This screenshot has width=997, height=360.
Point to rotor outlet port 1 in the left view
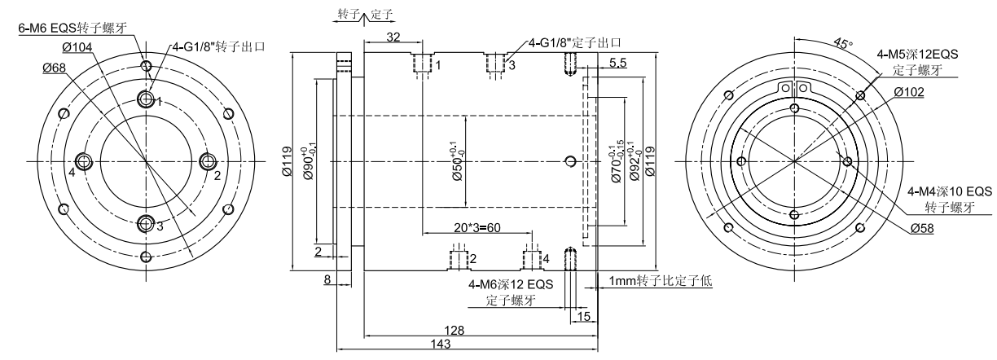[x=147, y=100]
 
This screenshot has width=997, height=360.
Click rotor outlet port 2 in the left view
[x=206, y=160]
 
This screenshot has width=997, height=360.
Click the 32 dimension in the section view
[x=392, y=37]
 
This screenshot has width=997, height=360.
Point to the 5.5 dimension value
[x=617, y=62]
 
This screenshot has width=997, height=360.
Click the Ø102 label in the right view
[x=908, y=91]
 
